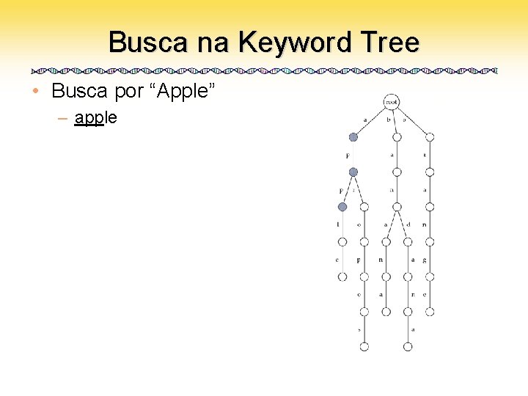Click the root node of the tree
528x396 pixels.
pos(391,103)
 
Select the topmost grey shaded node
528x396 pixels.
pos(353,137)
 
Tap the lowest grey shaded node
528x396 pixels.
pos(342,207)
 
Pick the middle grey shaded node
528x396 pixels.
pos(353,172)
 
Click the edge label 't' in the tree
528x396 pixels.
pos(425,155)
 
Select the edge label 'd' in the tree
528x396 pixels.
pos(409,224)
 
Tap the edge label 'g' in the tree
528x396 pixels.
pos(425,260)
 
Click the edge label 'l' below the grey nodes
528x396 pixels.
pos(338,224)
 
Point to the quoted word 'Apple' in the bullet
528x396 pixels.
pos(180,92)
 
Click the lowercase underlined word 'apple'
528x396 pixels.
pos(96,117)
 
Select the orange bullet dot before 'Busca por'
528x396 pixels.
pos(36,92)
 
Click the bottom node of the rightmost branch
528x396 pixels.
pos(430,312)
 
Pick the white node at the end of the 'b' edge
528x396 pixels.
pos(397,137)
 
